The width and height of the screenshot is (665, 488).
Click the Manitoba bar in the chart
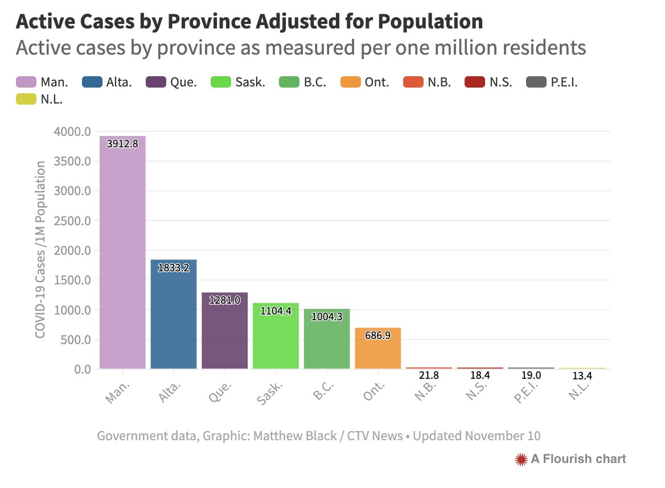coord(122,253)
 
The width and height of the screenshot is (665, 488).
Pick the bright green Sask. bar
coord(276,336)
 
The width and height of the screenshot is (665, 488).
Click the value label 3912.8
coord(122,144)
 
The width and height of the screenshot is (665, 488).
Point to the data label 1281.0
coord(224,300)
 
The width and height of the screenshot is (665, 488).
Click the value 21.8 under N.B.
coord(429,376)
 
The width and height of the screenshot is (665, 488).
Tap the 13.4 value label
coord(582,376)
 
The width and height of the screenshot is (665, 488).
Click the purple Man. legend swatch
coord(26,82)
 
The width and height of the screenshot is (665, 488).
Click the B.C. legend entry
coord(303,82)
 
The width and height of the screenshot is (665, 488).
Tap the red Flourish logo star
coord(520,459)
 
